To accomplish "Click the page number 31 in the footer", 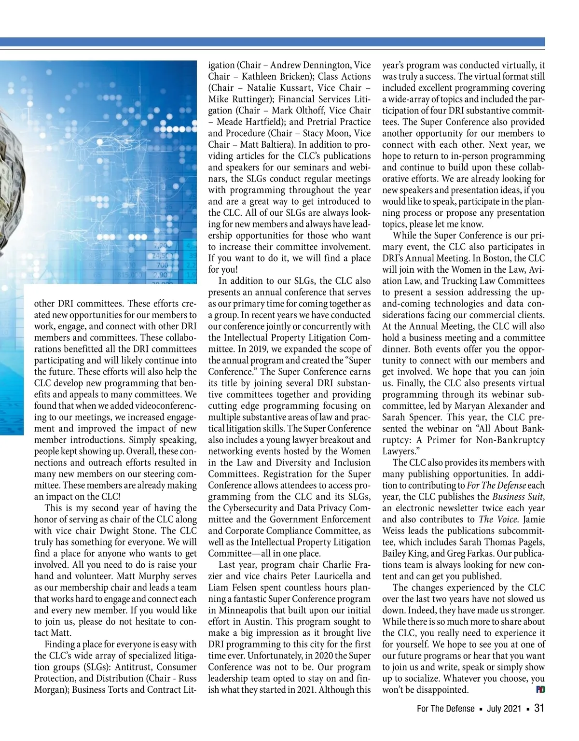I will [539, 708].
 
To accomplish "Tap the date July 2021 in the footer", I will [504, 709].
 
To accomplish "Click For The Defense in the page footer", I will [445, 709].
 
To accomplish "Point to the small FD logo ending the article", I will [540, 690].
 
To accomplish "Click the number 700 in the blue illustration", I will [162, 265].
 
